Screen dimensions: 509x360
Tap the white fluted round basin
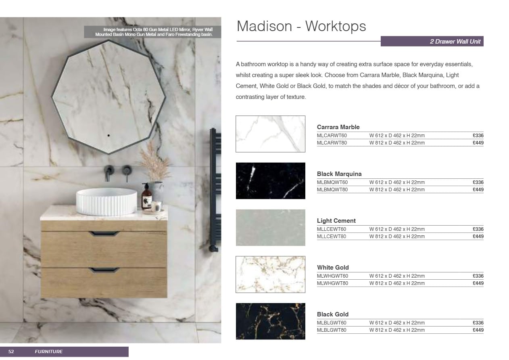(x=106, y=202)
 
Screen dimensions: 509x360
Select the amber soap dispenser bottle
(x=146, y=197)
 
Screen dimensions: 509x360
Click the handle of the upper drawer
(x=104, y=233)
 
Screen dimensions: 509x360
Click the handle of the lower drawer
(x=104, y=270)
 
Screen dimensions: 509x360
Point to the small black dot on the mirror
(x=108, y=136)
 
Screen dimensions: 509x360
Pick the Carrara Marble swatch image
(x=270, y=134)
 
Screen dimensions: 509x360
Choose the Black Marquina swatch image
(x=270, y=181)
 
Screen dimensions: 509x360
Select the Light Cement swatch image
(x=270, y=228)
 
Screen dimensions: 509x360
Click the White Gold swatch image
(x=270, y=274)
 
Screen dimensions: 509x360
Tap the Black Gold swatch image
(x=270, y=321)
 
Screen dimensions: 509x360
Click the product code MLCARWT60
(x=332, y=136)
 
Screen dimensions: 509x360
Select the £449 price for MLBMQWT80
(x=478, y=190)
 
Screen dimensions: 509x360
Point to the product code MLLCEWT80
(x=332, y=237)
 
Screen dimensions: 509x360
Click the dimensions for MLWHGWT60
(x=397, y=276)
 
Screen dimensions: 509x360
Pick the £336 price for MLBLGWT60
(x=478, y=323)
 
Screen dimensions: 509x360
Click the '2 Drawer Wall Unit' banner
(x=432, y=42)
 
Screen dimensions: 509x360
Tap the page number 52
(x=11, y=352)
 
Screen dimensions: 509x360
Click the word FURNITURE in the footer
(x=49, y=352)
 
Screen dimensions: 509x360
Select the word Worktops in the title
(x=336, y=26)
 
